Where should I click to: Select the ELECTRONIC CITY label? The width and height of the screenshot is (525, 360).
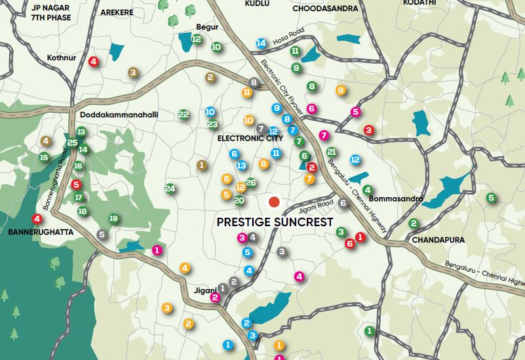point(250,138)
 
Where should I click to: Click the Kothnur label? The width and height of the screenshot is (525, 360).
point(62,58)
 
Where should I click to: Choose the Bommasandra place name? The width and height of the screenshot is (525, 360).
point(395,199)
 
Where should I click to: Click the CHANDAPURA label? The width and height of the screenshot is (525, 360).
point(438,240)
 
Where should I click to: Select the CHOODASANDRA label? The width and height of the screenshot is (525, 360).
point(325,9)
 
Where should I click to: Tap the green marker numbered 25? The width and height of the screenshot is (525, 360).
point(72,143)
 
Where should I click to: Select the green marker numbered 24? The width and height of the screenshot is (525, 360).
point(170,189)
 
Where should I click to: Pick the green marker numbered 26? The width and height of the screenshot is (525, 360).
point(250,182)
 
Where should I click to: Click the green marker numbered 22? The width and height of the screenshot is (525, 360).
point(184,114)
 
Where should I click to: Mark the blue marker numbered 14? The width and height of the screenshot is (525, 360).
point(261,43)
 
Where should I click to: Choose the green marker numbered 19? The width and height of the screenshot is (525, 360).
point(113,218)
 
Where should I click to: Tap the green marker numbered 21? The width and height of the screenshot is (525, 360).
point(331,151)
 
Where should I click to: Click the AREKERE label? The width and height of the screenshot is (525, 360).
point(117,12)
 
